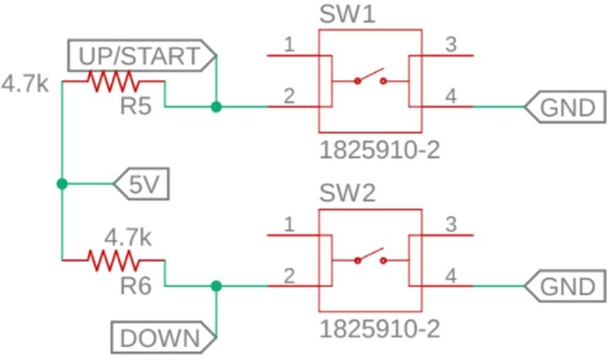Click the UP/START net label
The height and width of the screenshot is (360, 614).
click(139, 56)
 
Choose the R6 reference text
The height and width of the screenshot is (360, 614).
click(135, 286)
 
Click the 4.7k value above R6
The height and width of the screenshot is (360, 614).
click(127, 237)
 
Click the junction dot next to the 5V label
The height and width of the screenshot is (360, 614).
click(61, 184)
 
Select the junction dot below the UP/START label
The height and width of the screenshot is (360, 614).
click(215, 106)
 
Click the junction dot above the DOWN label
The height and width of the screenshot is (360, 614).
click(215, 286)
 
